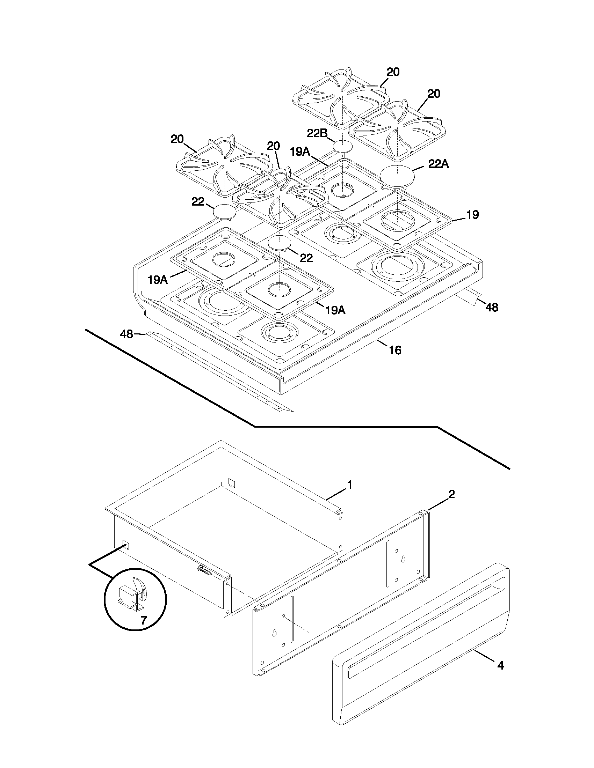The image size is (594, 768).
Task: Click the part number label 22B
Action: tap(317, 133)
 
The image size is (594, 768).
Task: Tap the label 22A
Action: tap(439, 164)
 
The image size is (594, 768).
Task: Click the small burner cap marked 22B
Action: tap(342, 146)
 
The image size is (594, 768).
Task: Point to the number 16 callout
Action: tap(395, 350)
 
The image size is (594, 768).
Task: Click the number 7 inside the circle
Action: tap(144, 621)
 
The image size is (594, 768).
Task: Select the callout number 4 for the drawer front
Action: tap(500, 665)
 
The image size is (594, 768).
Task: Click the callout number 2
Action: tap(452, 494)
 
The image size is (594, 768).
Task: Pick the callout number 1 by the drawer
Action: tap(349, 485)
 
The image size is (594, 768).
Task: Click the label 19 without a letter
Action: tap(473, 215)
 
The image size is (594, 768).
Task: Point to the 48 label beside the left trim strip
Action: tap(126, 334)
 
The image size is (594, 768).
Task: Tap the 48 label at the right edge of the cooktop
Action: tap(492, 307)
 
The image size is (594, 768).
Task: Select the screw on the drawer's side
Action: tap(205, 570)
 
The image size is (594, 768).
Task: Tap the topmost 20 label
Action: tap(393, 72)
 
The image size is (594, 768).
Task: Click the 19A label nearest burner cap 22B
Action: tap(300, 152)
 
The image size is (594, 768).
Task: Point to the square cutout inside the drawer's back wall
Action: tap(231, 482)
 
